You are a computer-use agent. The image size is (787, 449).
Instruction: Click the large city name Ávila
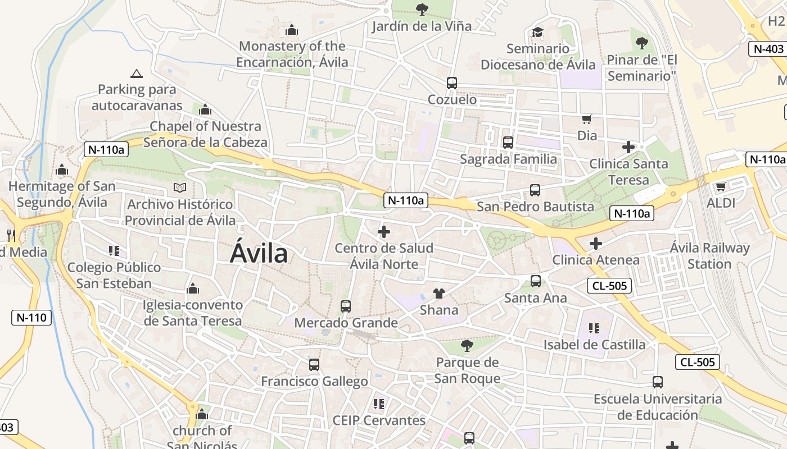[x=259, y=254]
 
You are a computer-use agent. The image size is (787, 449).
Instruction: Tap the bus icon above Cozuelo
[x=451, y=83]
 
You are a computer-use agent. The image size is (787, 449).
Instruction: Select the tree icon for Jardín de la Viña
[x=422, y=9]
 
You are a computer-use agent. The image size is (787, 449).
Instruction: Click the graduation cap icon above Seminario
[x=538, y=32]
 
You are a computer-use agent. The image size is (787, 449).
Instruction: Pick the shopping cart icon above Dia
[x=587, y=119]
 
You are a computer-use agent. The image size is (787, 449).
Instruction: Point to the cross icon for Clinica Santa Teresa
[x=628, y=147]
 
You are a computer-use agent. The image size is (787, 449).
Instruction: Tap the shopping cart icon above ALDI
[x=721, y=186]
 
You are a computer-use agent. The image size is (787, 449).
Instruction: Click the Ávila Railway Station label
[x=709, y=255]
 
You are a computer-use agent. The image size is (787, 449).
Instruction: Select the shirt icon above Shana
[x=439, y=293]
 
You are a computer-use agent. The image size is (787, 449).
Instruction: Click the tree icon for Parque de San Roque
[x=467, y=345]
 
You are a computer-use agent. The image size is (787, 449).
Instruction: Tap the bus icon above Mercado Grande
[x=346, y=306]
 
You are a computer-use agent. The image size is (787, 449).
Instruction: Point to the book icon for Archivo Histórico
[x=180, y=187]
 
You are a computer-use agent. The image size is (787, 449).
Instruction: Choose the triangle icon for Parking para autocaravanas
[x=137, y=74]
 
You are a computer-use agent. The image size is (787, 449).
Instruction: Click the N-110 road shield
[x=31, y=317]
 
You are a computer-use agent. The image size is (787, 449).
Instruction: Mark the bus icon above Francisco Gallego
[x=314, y=365]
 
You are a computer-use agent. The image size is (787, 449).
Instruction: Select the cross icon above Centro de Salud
[x=384, y=231]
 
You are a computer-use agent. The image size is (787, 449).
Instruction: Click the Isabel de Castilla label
[x=594, y=344]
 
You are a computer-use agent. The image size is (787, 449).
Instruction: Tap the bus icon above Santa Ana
[x=536, y=281]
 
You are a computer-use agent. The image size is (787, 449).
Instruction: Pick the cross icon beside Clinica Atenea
[x=596, y=244]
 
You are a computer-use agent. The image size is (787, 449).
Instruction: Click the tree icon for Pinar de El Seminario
[x=641, y=43]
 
